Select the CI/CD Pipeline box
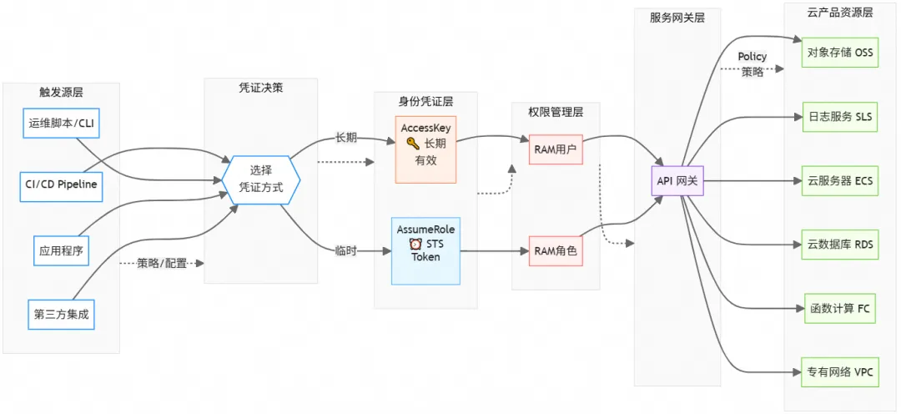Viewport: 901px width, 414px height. (61, 185)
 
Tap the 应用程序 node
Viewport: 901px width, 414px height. (61, 250)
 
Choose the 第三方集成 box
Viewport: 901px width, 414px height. (61, 315)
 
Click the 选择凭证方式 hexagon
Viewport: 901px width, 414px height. (261, 179)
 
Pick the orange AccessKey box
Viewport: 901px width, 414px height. (425, 149)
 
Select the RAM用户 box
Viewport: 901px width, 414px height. (556, 150)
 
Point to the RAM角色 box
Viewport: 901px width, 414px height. (556, 250)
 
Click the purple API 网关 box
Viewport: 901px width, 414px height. (677, 180)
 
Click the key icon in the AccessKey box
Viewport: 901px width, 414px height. (412, 144)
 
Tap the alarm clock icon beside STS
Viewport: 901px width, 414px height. (415, 244)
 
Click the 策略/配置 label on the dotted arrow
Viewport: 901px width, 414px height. (162, 263)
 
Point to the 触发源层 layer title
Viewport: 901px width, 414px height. (61, 92)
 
